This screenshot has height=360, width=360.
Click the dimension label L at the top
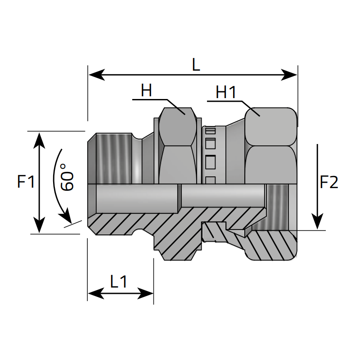(x=195, y=65)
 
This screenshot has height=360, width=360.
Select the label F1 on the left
(x=26, y=182)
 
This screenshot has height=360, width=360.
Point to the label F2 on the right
(x=329, y=182)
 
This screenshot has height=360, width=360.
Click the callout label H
(x=146, y=91)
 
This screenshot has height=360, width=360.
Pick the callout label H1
(x=226, y=92)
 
